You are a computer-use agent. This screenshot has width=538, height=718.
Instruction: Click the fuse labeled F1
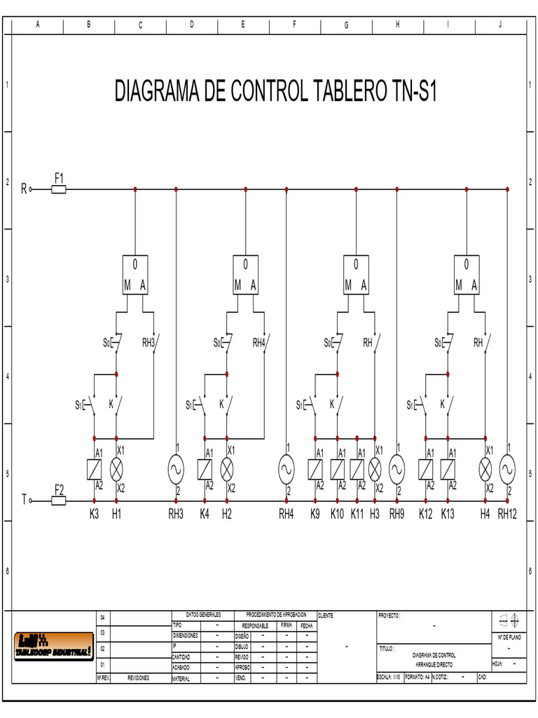click(x=60, y=189)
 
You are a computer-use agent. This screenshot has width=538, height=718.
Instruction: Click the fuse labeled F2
click(x=60, y=501)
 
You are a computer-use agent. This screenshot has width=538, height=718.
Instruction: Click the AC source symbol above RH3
click(x=175, y=468)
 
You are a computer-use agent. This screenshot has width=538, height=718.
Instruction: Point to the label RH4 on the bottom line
click(x=286, y=515)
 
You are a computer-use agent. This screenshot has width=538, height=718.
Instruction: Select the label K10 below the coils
click(x=337, y=515)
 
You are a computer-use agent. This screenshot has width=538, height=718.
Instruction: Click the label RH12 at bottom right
click(x=507, y=515)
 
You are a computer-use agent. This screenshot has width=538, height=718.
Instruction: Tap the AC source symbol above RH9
click(x=397, y=468)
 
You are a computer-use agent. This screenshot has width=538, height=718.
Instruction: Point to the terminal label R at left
click(x=24, y=189)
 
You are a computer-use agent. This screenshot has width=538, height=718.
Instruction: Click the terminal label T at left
click(x=24, y=501)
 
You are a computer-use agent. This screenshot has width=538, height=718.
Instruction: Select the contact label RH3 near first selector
click(x=148, y=343)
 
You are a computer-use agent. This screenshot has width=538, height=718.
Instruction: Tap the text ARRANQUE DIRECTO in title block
click(x=434, y=663)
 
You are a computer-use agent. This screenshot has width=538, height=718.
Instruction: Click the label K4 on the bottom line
click(x=205, y=515)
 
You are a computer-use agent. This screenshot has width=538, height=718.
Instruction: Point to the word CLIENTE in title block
click(x=326, y=616)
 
